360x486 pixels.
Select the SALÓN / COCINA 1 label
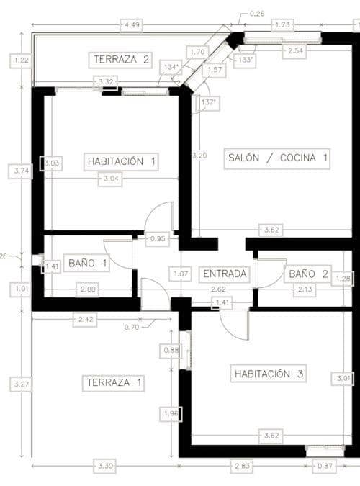coord(276,158)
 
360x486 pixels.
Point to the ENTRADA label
coord(225,274)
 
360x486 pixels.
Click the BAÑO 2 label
coord(308,274)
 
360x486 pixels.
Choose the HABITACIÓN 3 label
coord(269,373)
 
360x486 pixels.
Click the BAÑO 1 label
coord(88,264)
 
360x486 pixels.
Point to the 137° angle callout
coord(208,103)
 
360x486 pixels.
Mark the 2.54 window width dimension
coord(295,51)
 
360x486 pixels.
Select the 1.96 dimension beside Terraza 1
coord(171,414)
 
